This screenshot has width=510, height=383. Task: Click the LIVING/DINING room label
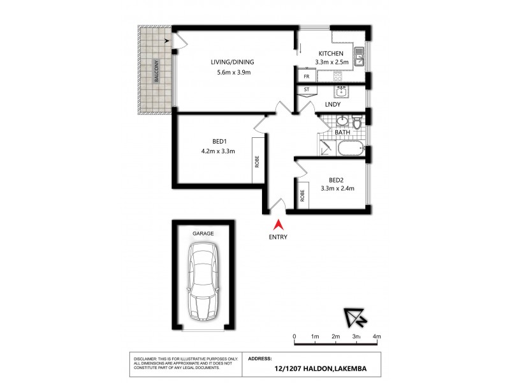233,62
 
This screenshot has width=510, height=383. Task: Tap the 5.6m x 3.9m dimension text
233,72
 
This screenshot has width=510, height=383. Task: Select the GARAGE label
203,234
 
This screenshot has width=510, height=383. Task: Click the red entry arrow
278,225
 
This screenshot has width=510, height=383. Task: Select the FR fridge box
306,77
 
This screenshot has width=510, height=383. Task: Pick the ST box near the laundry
306,90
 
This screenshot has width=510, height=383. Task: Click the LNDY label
332,104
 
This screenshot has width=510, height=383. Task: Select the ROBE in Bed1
258,161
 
